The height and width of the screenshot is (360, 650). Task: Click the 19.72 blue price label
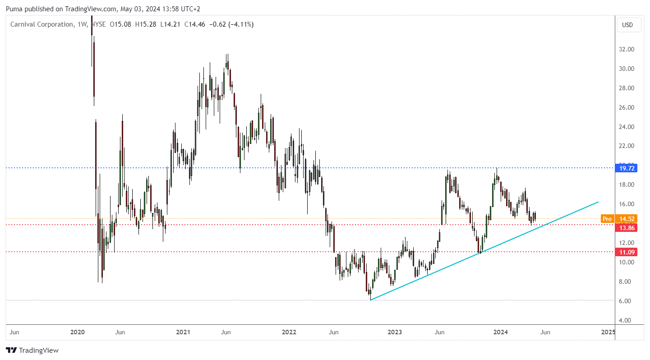click(627, 168)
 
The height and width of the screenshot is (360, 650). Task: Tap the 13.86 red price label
click(627, 228)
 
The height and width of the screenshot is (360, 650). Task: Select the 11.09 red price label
click(627, 252)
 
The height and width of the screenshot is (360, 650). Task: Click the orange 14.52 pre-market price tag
click(627, 219)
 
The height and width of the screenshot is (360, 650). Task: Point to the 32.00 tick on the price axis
click(627, 49)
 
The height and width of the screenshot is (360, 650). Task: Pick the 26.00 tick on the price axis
click(627, 107)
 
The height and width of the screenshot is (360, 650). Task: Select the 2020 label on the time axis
click(78, 332)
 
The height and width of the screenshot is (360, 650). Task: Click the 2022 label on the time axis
click(289, 332)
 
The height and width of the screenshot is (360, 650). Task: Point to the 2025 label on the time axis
click(608, 332)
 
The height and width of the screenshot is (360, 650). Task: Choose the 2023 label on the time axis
click(395, 332)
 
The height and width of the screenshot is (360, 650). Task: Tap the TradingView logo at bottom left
click(32, 350)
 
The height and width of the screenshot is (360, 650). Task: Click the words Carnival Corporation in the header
click(40, 24)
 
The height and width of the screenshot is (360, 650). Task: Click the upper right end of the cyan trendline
click(598, 202)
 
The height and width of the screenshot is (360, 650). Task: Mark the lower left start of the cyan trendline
click(370, 300)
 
